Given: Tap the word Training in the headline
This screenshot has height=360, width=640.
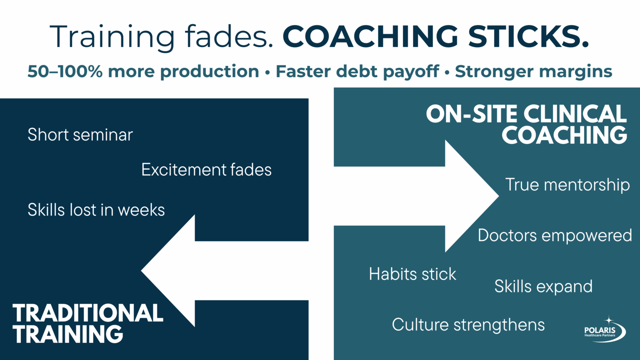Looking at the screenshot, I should point(112,37).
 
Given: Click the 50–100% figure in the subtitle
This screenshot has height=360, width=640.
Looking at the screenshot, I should point(65,72).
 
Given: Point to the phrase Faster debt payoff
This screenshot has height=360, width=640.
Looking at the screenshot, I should point(357,72).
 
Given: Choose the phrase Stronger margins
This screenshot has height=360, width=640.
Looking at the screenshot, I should point(533,72).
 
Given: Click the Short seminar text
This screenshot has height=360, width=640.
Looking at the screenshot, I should point(80,135).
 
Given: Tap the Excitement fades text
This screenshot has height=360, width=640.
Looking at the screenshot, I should point(206,170).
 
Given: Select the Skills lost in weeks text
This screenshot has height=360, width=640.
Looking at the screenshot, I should point(96,210).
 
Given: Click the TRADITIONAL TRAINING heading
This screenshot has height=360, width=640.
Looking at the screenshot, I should point(87,324).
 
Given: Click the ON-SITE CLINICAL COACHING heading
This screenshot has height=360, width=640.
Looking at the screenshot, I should point(527,124).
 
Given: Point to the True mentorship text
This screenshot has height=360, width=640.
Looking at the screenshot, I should point(567,185).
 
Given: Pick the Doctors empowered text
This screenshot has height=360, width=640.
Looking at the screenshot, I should point(555,235).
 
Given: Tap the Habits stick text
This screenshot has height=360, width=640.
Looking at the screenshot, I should point(412,274).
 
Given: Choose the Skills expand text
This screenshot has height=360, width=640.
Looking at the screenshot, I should point(543,287).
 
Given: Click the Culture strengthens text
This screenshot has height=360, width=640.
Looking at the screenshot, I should point(468,325).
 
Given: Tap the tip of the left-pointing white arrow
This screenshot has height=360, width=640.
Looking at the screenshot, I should point(143,271).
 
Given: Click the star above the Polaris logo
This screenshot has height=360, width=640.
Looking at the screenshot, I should point(609,320).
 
